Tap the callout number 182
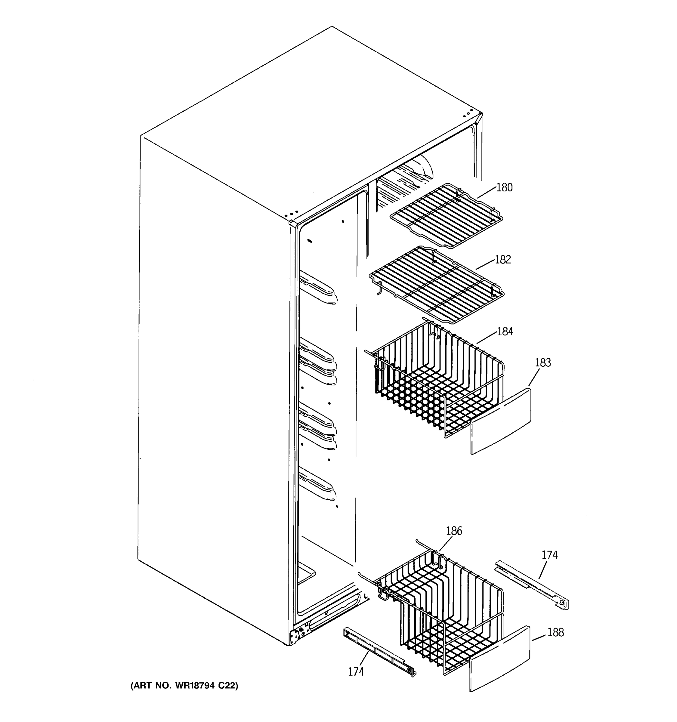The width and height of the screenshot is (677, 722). coord(503,260)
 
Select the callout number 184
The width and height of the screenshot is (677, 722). coord(505,332)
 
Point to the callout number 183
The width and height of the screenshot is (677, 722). coord(543,363)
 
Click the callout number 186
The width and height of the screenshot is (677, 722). coord(454,531)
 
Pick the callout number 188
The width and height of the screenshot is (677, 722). coord(555,632)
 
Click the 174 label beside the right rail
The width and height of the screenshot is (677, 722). coord(549,555)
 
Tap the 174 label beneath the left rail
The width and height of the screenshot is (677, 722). coord(356,671)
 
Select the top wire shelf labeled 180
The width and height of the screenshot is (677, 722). coord(447,216)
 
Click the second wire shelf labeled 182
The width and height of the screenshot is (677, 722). coord(436,285)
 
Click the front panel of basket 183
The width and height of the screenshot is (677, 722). coord(500,421)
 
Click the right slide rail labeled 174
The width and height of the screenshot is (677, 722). coord(532,585)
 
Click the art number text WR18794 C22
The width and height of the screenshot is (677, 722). coord(184,686)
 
